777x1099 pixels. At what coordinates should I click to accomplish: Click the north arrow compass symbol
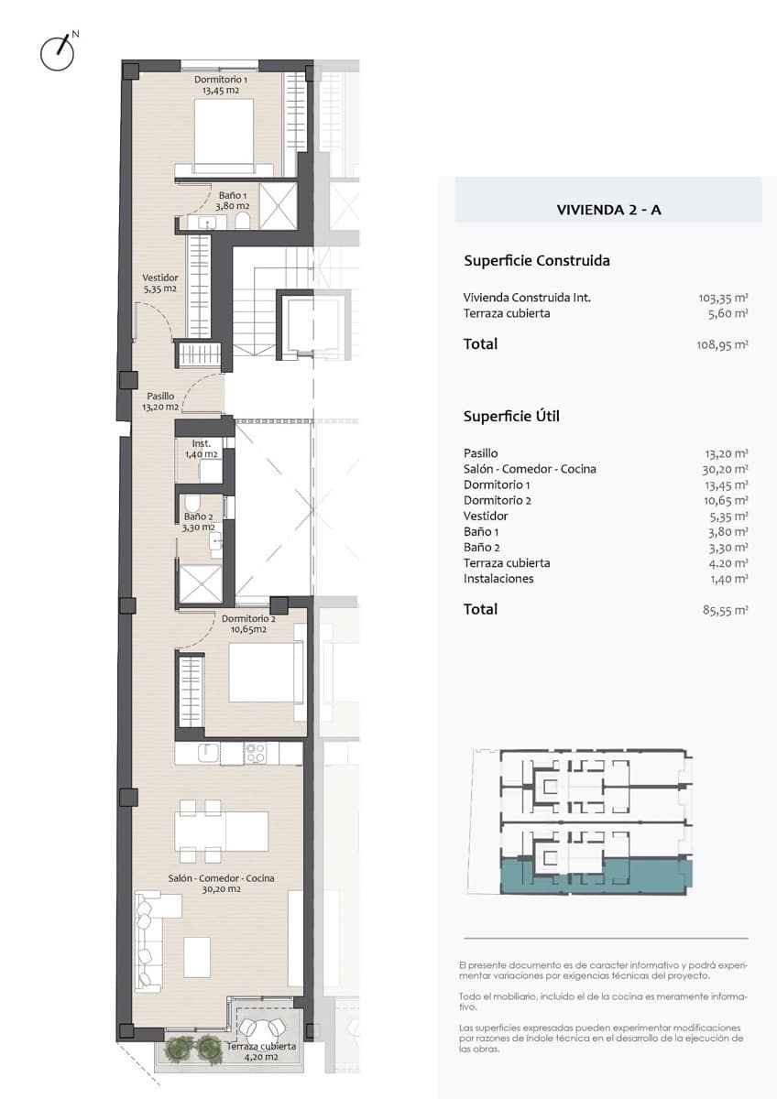58,51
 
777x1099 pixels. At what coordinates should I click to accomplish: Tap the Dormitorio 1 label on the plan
221,84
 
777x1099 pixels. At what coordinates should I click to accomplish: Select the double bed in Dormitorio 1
224,136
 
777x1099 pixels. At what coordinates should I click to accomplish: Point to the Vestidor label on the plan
160,283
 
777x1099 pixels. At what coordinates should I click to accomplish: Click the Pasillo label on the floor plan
160,401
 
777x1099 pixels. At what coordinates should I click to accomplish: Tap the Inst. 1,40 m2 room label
202,449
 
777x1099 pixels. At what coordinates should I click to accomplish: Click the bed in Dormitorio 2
266,671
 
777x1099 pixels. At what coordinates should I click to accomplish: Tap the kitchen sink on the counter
209,753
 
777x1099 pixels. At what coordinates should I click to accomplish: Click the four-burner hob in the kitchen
256,753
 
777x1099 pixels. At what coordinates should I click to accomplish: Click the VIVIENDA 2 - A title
608,210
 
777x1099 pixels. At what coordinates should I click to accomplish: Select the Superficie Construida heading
537,260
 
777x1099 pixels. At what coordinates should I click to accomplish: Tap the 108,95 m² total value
722,344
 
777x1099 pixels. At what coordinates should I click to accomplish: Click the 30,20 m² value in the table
725,469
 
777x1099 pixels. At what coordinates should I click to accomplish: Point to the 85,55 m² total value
725,610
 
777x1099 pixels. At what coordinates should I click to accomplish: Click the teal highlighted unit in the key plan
596,876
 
